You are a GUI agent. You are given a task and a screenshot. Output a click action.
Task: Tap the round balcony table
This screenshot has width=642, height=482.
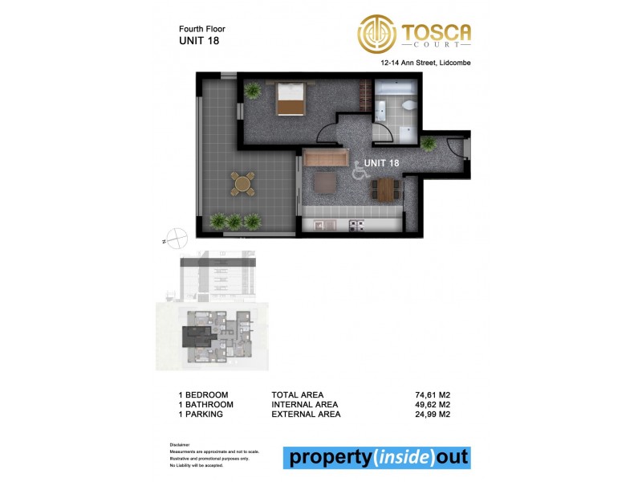click(242, 184)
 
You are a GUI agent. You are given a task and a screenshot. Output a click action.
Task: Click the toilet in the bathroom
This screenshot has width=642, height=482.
click(409, 107)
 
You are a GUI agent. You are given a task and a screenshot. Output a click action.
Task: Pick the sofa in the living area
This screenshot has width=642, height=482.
click(324, 157)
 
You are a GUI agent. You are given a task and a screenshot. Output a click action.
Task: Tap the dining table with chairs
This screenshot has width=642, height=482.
click(385, 190)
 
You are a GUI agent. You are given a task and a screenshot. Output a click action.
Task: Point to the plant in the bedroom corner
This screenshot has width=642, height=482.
click(254, 91)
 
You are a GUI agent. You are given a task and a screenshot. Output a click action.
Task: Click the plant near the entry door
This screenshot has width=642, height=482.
click(428, 143)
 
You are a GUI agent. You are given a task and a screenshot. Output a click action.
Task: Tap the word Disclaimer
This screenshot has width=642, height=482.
click(181, 444)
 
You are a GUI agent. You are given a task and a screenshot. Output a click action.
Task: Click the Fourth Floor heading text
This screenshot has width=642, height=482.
click(202, 28)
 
